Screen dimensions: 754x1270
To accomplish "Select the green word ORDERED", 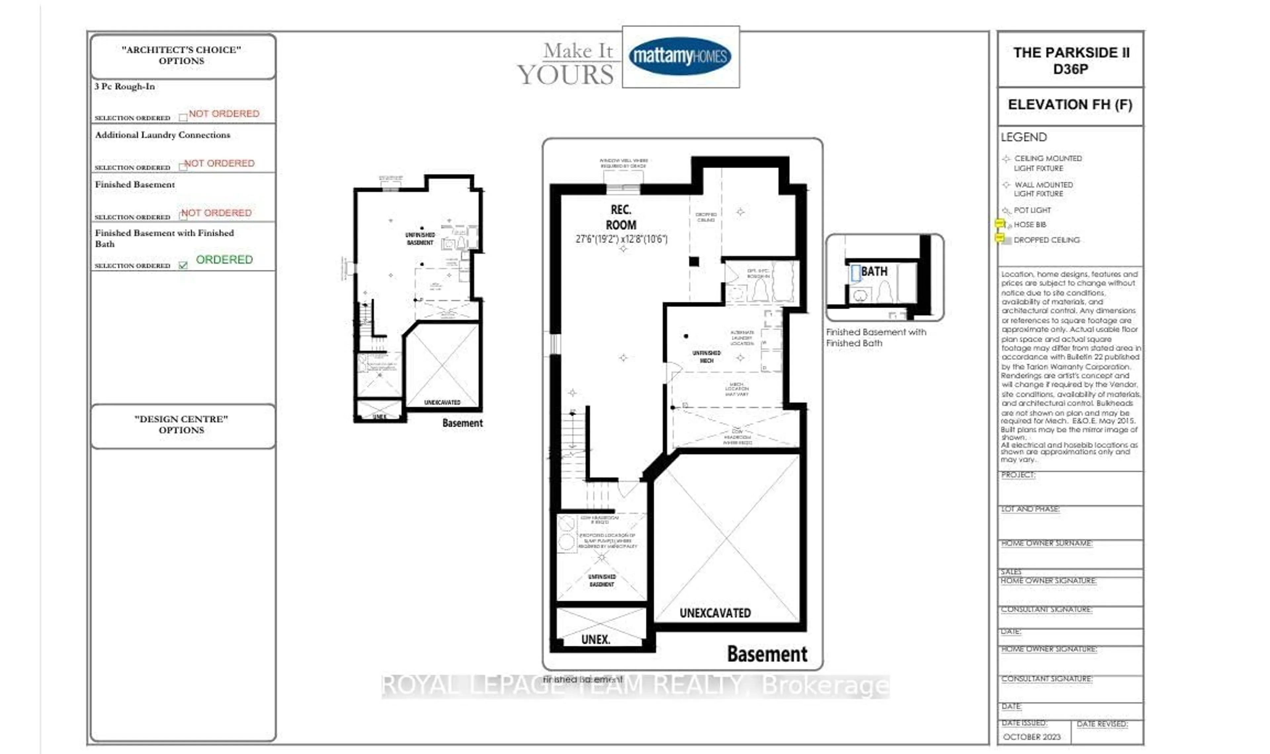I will click(224, 260).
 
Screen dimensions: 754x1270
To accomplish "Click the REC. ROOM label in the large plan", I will click(621, 217).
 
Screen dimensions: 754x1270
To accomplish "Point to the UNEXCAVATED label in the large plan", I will click(715, 613).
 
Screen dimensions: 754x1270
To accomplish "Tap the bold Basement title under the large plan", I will click(767, 654).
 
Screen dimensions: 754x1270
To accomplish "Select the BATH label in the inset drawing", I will click(874, 271).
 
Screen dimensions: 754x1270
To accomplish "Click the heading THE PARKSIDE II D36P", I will click(1071, 61).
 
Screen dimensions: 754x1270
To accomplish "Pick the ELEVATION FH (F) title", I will click(1070, 105).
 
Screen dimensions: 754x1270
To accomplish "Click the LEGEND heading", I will click(1024, 137).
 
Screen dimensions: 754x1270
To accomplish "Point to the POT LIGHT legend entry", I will click(1032, 210).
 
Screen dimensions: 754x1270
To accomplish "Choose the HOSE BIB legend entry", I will click(1029, 225).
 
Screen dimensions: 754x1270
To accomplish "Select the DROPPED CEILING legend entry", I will click(1046, 240).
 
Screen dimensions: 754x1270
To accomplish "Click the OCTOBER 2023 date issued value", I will click(1032, 737).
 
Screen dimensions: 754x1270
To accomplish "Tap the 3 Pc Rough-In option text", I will click(124, 86).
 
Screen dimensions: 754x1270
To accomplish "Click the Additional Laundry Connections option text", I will click(163, 135).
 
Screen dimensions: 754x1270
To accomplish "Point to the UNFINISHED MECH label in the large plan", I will click(706, 356).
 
